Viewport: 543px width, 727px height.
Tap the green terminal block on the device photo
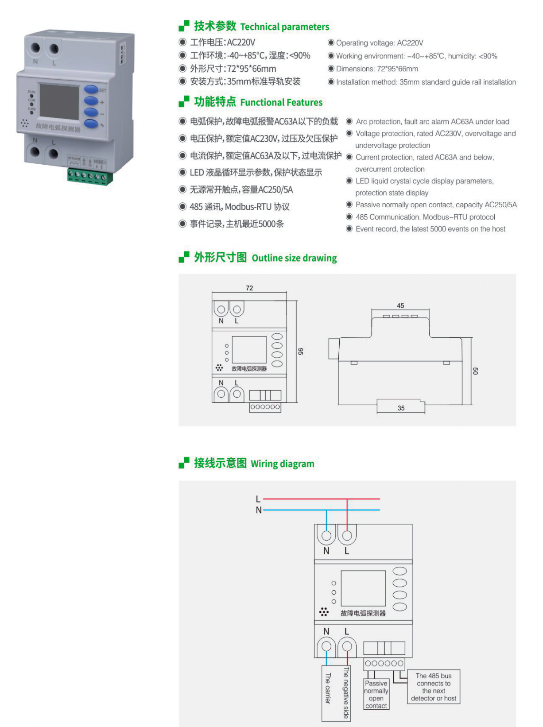90,176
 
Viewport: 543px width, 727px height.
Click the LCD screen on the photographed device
59,102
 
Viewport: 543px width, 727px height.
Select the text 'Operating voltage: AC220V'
379,43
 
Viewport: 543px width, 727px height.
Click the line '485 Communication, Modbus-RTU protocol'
425,217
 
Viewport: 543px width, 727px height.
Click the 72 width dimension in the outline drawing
249,288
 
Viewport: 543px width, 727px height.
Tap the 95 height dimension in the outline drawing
301,351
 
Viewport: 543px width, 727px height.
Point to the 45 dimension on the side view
400,305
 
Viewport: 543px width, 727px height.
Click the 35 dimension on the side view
401,408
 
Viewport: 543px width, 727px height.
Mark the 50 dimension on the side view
475,371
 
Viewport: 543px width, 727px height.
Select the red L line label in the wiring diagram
258,499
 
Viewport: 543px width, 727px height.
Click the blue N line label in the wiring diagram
258,510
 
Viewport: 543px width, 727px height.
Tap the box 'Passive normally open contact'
376,694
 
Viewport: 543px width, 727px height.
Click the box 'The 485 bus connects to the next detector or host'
433,687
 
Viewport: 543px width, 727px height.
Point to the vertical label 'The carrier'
328,688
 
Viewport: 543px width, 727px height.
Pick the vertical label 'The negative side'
346,693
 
